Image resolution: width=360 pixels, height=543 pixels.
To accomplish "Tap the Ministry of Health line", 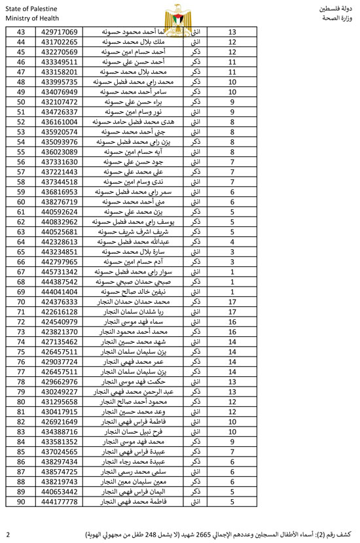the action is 27,18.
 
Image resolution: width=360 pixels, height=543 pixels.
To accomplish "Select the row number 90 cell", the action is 20,502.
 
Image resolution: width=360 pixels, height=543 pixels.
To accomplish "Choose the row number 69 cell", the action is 20,292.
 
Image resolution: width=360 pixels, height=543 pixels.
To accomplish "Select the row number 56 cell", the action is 20,162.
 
